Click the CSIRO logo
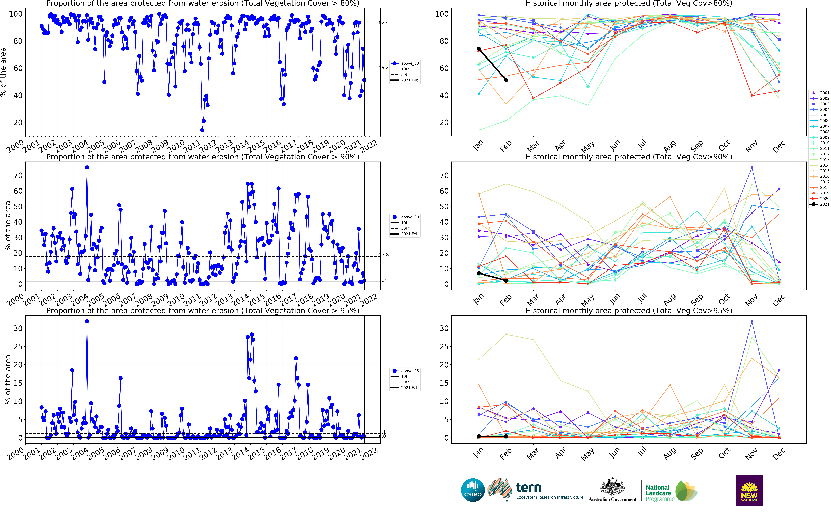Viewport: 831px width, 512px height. point(473,490)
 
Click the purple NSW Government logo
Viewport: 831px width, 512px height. point(749,490)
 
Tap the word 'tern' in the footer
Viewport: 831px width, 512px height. point(528,488)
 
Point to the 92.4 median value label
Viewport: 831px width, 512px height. point(384,22)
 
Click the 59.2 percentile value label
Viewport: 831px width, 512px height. point(384,67)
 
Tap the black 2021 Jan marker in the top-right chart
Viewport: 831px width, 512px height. point(478,49)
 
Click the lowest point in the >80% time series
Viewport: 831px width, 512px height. point(202,130)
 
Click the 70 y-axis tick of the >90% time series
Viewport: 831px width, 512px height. point(18,175)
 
